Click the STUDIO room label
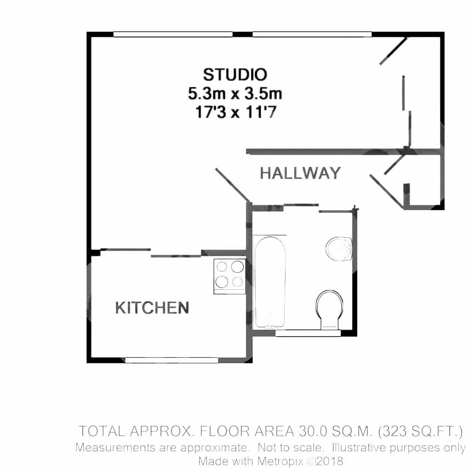[x=235, y=74]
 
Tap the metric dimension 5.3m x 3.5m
[x=235, y=94]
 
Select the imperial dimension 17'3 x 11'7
[x=235, y=112]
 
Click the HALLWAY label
[x=300, y=173]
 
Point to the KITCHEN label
[x=152, y=308]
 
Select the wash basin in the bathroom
[x=340, y=249]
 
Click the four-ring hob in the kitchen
[x=229, y=274]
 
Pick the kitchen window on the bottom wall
[x=172, y=360]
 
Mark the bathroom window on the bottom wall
[x=308, y=333]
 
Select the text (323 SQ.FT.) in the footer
[x=420, y=431]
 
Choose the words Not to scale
[x=291, y=447]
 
